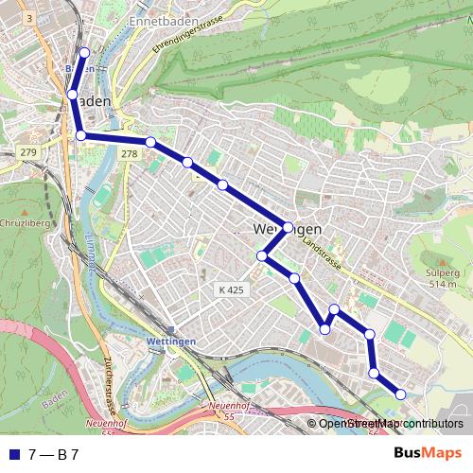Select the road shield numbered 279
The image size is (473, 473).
(28, 152)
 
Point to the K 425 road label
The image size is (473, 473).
(230, 289)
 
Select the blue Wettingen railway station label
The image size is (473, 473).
(171, 341)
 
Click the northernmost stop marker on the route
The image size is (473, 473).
(84, 53)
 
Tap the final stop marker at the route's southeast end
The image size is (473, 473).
(400, 394)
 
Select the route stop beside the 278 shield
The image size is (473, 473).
(150, 142)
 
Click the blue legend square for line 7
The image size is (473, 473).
(13, 454)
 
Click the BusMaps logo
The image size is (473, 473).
(428, 453)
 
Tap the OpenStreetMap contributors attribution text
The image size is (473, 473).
(390, 424)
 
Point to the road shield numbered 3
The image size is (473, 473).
(29, 18)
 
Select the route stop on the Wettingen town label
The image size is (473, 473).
(288, 227)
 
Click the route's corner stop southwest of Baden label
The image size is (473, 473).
(80, 135)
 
